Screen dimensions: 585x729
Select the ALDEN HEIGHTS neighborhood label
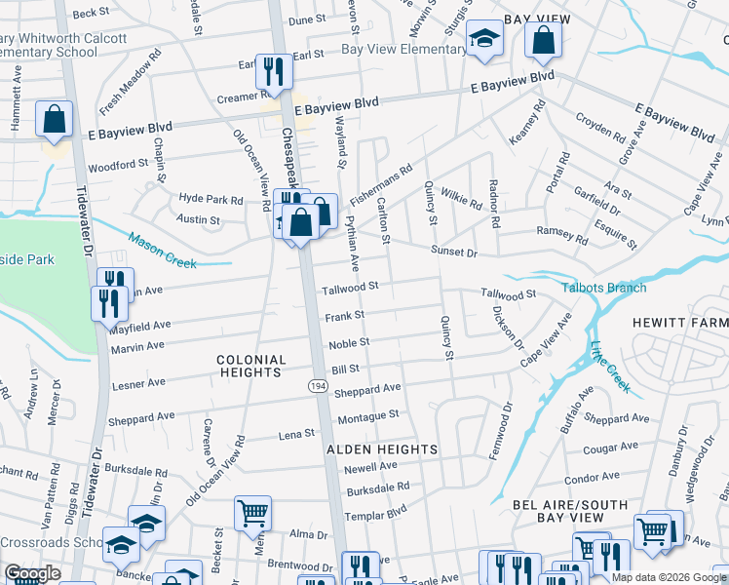click(381, 448)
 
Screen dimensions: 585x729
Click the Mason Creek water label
click(163, 249)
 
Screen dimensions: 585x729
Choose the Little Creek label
click(611, 362)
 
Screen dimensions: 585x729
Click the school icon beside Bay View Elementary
click(482, 40)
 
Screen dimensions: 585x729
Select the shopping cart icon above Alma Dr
click(252, 512)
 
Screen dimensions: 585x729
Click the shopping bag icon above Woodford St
click(55, 120)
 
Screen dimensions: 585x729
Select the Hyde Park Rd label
click(211, 199)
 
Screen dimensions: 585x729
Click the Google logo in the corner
click(33, 573)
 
